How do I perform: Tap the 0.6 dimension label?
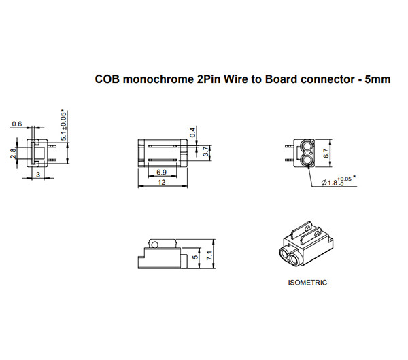(17, 124)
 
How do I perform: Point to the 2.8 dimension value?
(13, 154)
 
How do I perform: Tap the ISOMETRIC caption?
(308, 282)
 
